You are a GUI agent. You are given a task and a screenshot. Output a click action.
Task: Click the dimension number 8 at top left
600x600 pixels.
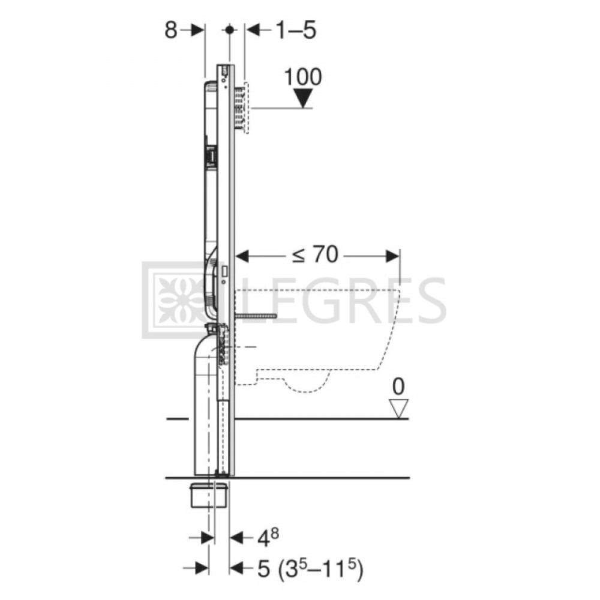tap(170, 30)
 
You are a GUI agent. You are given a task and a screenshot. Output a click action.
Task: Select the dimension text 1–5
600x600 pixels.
tap(296, 30)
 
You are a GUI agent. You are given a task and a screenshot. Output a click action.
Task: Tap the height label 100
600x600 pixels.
tap(303, 77)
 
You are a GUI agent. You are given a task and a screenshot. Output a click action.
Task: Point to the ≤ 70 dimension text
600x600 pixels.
tap(315, 254)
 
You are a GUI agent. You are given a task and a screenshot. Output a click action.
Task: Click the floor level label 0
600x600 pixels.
tap(398, 386)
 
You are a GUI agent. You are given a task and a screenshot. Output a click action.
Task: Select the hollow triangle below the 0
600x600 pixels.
tap(399, 409)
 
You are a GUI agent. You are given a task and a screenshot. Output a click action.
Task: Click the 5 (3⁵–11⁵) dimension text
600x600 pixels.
tap(310, 569)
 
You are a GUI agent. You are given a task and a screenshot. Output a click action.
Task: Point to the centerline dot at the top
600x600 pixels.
tap(230, 29)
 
